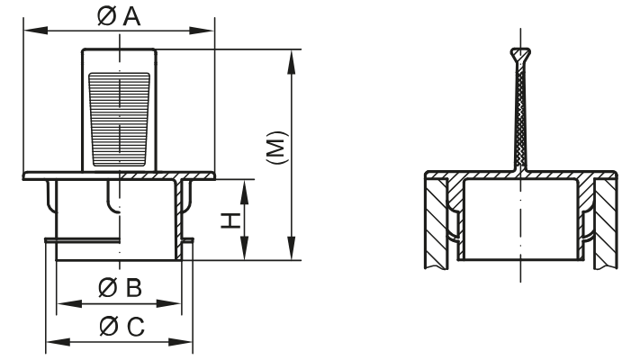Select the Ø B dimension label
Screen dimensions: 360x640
click(x=119, y=288)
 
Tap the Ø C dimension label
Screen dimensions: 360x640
click(x=119, y=327)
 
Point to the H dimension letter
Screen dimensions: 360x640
click(x=231, y=220)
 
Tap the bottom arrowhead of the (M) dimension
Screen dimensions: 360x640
click(x=291, y=255)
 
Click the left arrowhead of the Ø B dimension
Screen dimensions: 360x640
click(x=62, y=304)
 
